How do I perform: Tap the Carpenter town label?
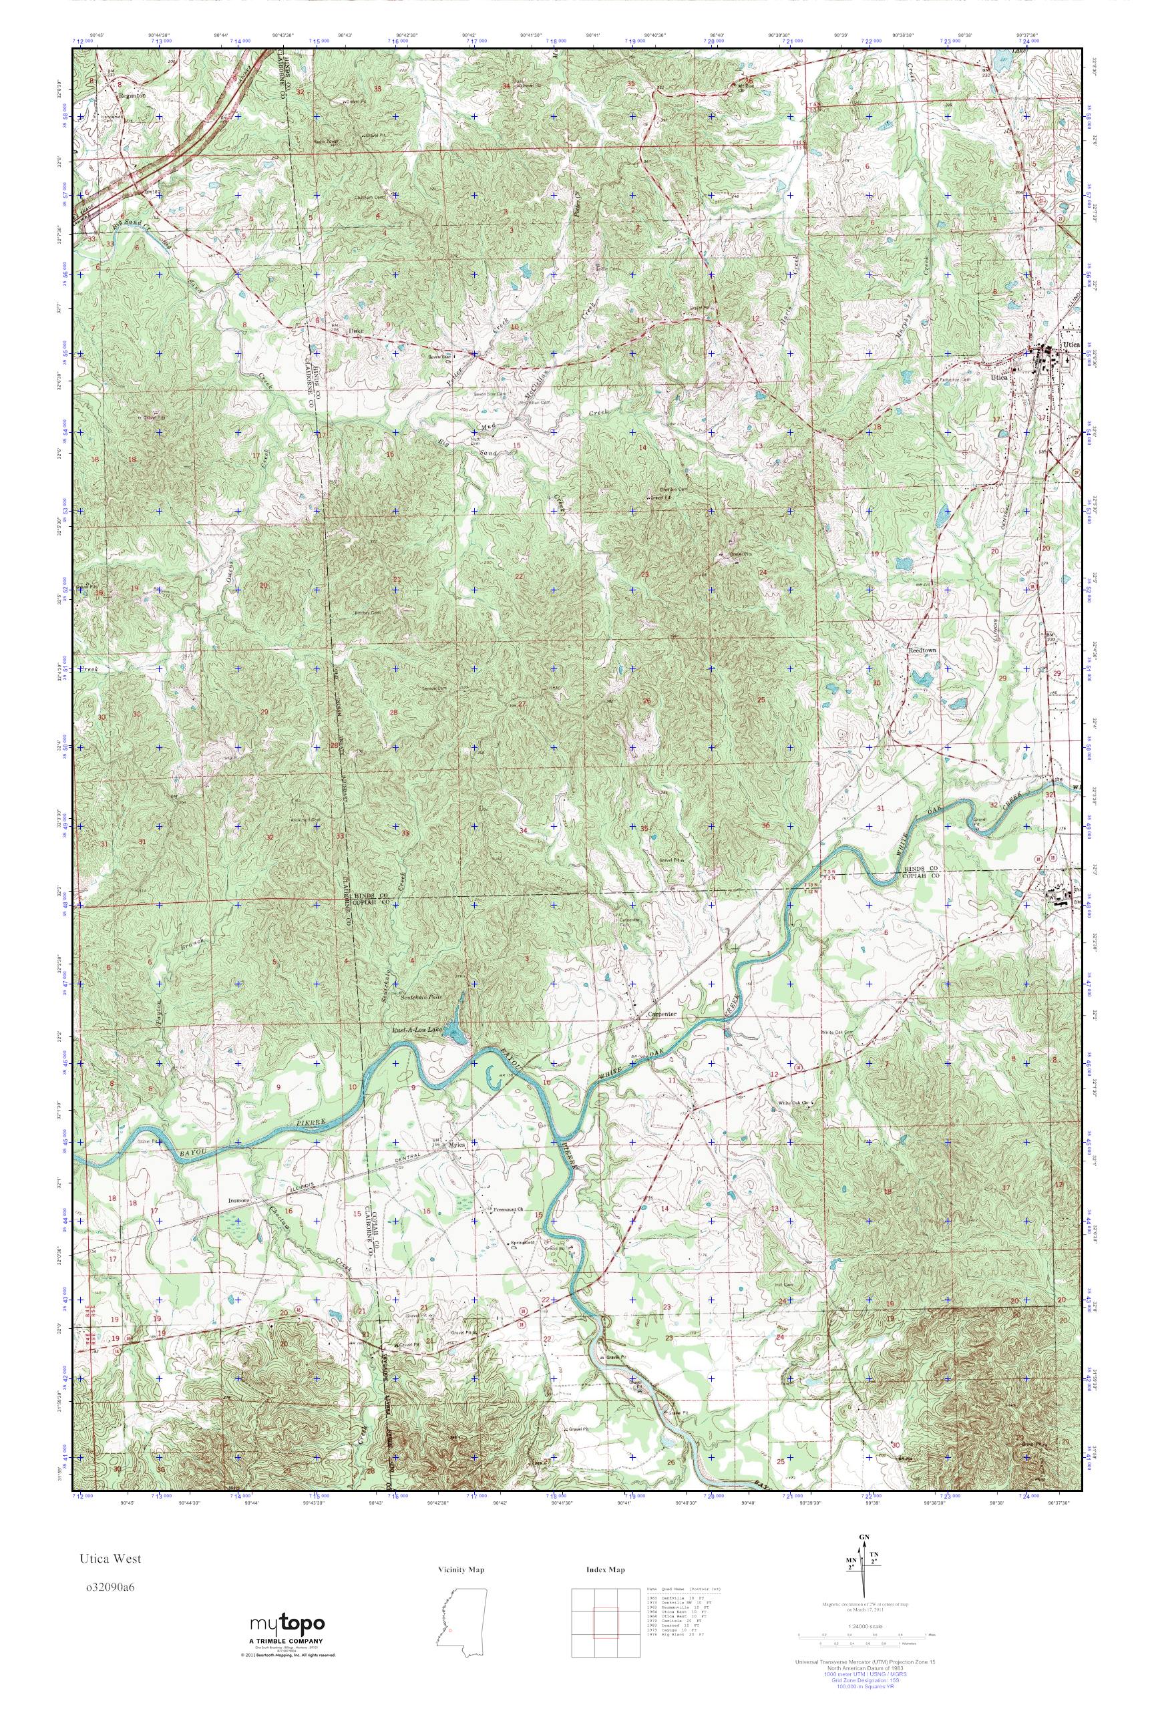coord(660,1014)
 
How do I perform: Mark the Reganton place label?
coord(132,95)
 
